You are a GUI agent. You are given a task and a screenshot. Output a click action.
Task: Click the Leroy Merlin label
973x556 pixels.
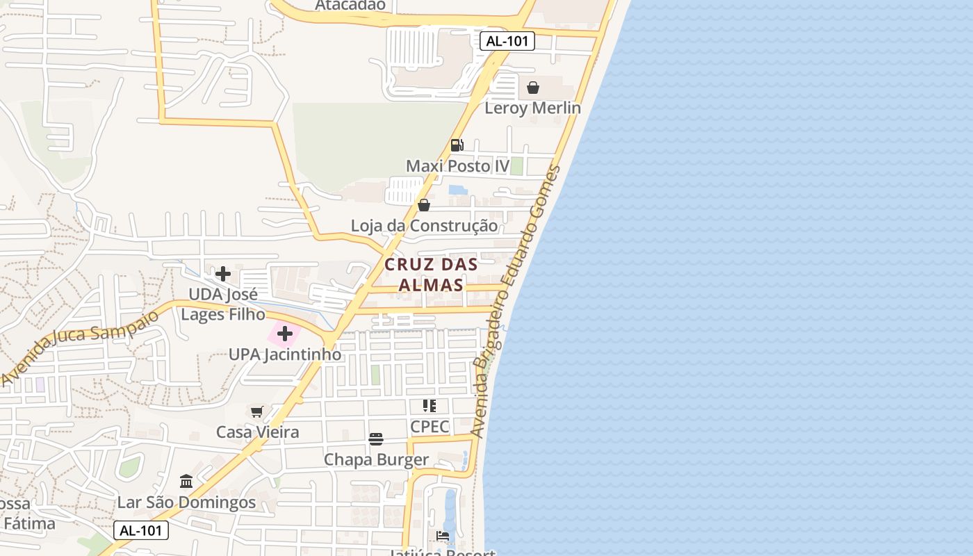click(532, 108)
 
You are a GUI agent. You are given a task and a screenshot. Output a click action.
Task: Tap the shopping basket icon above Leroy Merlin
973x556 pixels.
click(533, 88)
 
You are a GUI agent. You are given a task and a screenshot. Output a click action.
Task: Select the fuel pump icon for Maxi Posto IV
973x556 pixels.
click(457, 145)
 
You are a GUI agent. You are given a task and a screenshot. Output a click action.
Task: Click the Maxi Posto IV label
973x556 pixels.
click(457, 166)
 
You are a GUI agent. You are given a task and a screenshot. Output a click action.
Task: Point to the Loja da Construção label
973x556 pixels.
click(424, 226)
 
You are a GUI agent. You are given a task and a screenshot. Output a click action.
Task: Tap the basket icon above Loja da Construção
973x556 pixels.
click(424, 205)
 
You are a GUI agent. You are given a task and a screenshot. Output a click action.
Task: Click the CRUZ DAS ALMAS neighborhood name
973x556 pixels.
click(431, 275)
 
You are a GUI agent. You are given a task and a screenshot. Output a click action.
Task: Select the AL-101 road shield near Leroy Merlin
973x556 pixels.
click(507, 41)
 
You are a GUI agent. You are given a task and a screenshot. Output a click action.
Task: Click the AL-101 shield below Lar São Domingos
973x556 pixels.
click(140, 530)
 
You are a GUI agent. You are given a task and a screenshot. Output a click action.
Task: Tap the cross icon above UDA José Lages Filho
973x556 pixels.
click(223, 273)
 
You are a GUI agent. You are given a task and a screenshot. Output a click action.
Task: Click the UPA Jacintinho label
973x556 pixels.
click(285, 354)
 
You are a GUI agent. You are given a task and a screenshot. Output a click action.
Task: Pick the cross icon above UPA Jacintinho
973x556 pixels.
click(285, 334)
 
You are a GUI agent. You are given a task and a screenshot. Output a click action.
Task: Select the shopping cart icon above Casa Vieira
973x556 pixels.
click(257, 411)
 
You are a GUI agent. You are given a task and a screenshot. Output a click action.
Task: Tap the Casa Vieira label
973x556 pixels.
click(257, 432)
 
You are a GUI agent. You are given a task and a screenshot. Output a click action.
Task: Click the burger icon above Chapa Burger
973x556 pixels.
click(376, 439)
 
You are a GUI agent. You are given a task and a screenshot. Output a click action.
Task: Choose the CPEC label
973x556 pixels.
click(430, 426)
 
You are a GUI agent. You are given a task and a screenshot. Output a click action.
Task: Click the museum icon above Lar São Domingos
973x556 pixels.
click(186, 481)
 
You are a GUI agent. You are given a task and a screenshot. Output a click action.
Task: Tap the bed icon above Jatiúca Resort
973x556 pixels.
click(443, 535)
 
